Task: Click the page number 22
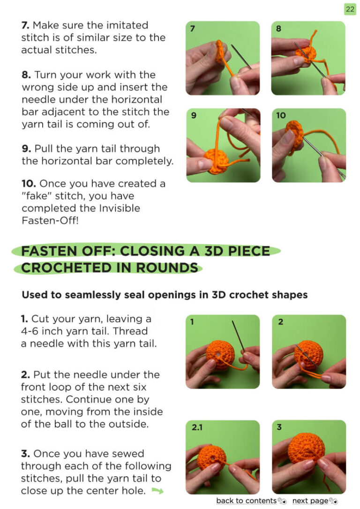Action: tap(350, 9)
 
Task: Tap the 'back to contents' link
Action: tap(247, 501)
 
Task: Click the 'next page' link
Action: tap(311, 501)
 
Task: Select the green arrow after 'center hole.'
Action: tap(157, 491)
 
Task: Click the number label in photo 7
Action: tap(193, 29)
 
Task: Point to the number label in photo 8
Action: tap(278, 29)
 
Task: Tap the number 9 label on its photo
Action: tap(194, 115)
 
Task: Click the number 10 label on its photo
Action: tap(281, 115)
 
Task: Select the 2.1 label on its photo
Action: tap(197, 427)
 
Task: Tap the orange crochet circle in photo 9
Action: tap(217, 161)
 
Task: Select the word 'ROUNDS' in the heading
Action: tap(167, 268)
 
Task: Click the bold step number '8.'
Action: tap(26, 75)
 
